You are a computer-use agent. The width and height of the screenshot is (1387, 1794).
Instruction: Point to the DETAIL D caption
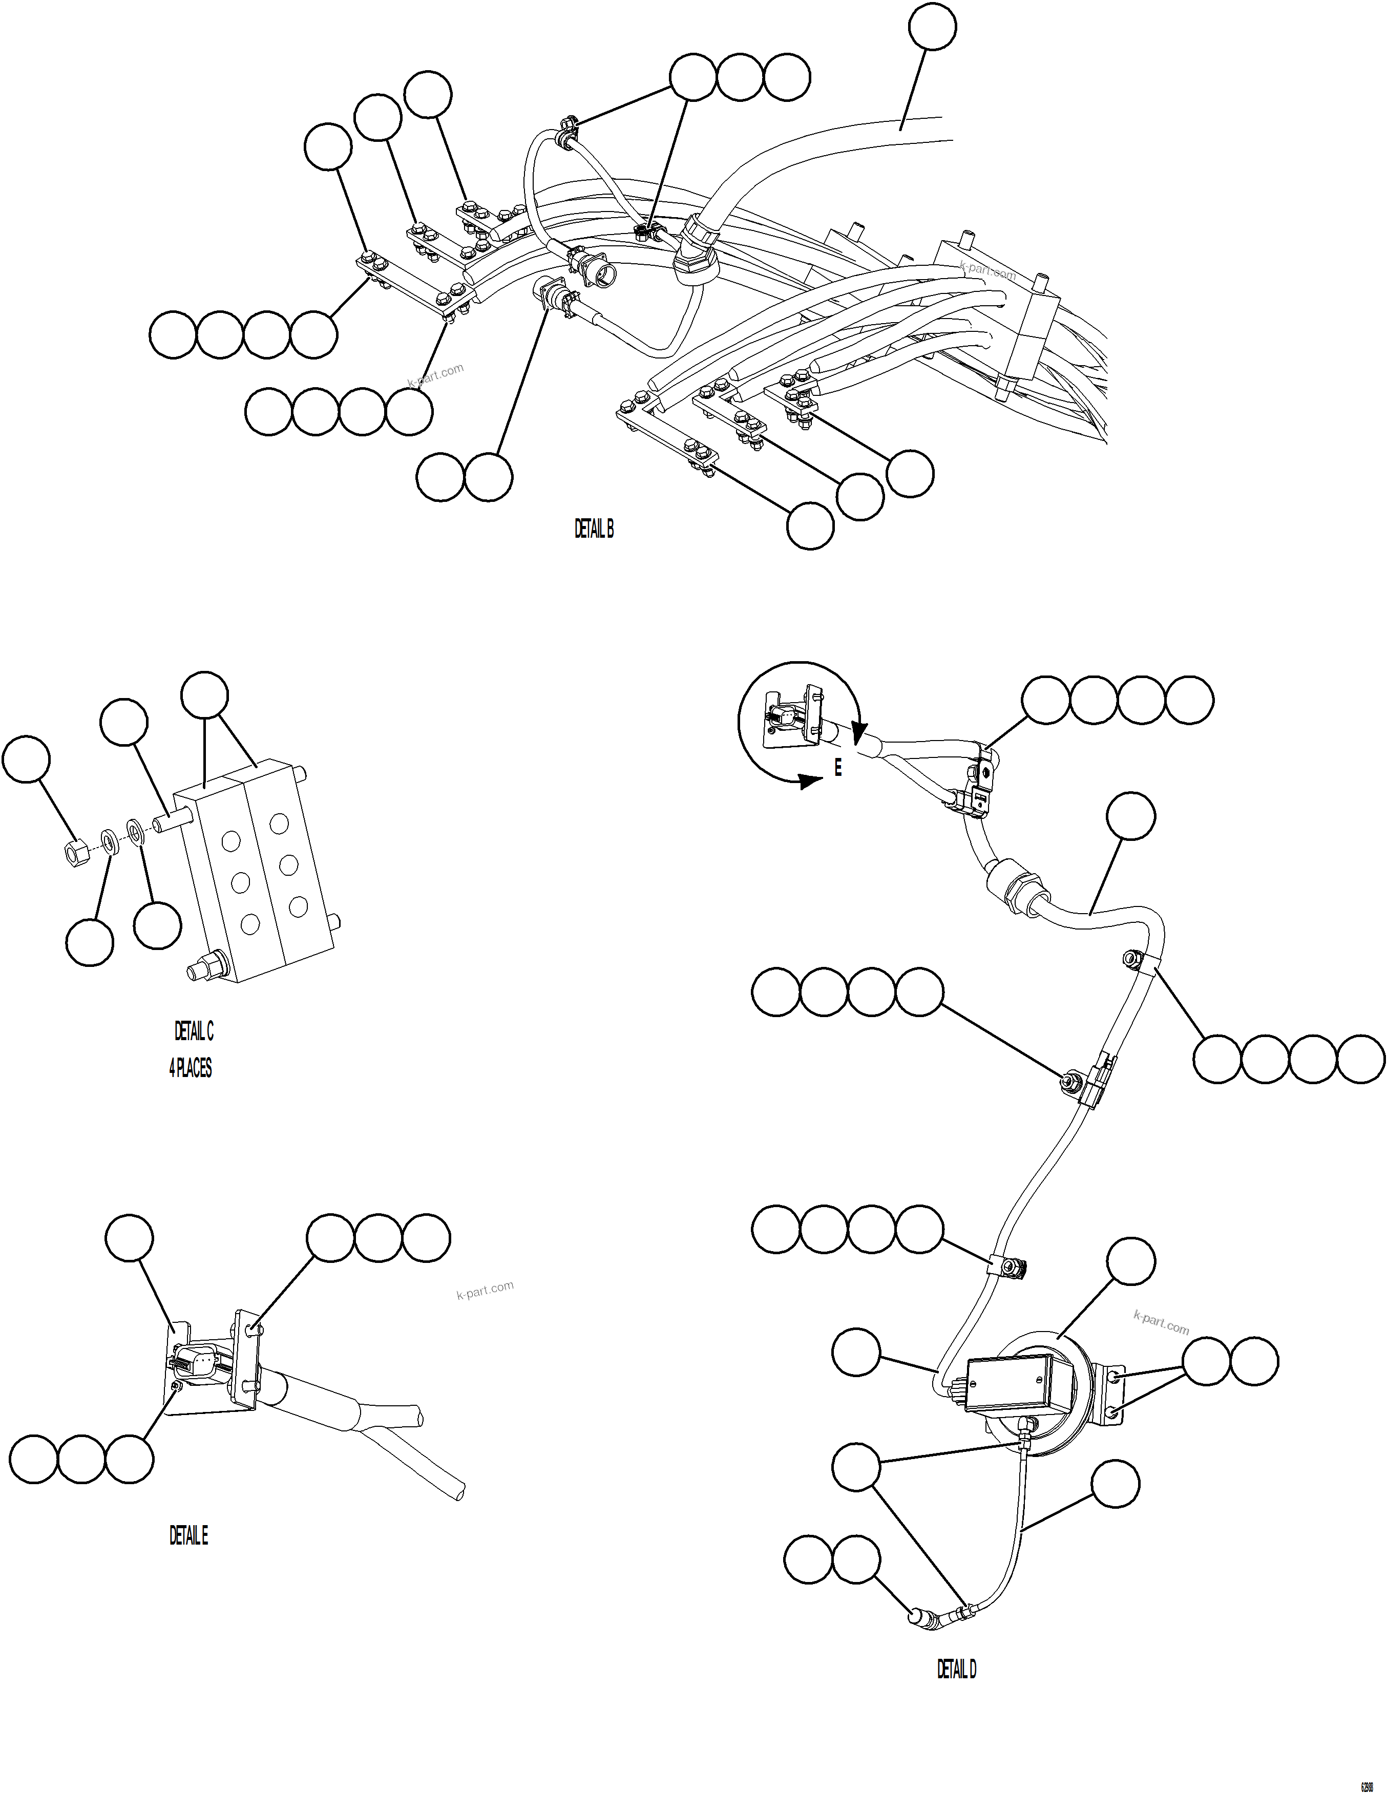click(956, 1669)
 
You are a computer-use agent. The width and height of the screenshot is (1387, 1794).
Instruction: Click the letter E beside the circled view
click(838, 768)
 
